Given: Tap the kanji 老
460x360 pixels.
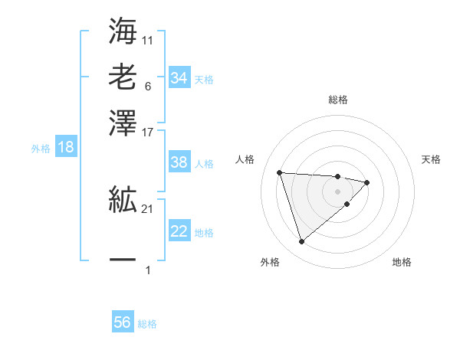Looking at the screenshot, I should (123, 77).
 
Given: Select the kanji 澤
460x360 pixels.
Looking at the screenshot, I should (123, 123).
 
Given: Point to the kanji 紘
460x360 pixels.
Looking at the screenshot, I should (123, 201).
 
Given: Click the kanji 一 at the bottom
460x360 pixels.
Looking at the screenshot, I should (123, 260).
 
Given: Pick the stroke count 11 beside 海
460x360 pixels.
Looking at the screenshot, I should (148, 39).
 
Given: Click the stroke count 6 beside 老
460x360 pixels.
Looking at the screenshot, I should (147, 87).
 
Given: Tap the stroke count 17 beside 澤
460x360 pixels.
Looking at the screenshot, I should (148, 133).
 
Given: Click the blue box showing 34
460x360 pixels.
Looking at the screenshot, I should (179, 78).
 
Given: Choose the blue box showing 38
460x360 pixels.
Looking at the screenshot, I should (179, 162).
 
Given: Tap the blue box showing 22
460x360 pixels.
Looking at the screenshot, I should (179, 231).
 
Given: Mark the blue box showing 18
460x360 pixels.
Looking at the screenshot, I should (65, 148).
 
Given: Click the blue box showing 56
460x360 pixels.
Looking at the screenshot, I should (123, 322).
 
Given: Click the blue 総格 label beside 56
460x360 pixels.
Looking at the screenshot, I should (147, 324).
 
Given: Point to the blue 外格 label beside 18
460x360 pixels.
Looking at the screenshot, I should (41, 149).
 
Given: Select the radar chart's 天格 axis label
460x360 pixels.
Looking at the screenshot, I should (431, 159).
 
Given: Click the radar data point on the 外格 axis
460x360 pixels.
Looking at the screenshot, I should (301, 242).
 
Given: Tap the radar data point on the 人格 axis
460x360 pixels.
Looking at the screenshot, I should (280, 172).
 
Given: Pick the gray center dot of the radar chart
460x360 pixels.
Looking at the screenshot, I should (337, 191).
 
